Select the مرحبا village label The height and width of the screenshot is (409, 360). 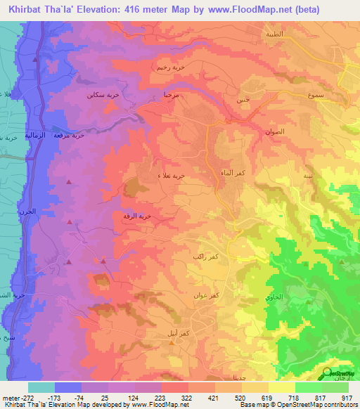point(172,93)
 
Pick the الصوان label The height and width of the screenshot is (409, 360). point(275,131)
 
